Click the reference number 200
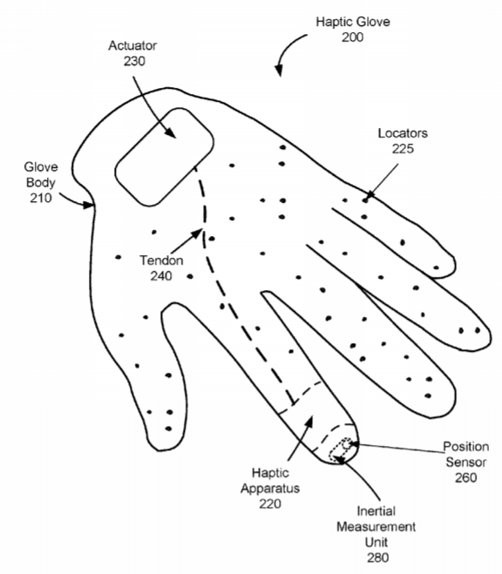click(353, 37)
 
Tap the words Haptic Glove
click(353, 22)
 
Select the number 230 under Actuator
click(134, 61)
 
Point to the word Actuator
click(132, 45)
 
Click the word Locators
click(403, 133)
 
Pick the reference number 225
click(404, 149)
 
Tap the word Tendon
click(161, 260)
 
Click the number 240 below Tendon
click(161, 275)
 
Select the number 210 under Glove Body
click(41, 198)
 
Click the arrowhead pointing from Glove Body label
click(89, 205)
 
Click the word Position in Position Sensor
click(465, 447)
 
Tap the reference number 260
click(465, 477)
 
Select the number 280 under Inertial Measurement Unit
click(378, 558)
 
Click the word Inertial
click(376, 511)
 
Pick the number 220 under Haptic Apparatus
click(270, 503)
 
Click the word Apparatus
click(270, 489)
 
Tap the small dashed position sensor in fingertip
click(346, 444)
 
